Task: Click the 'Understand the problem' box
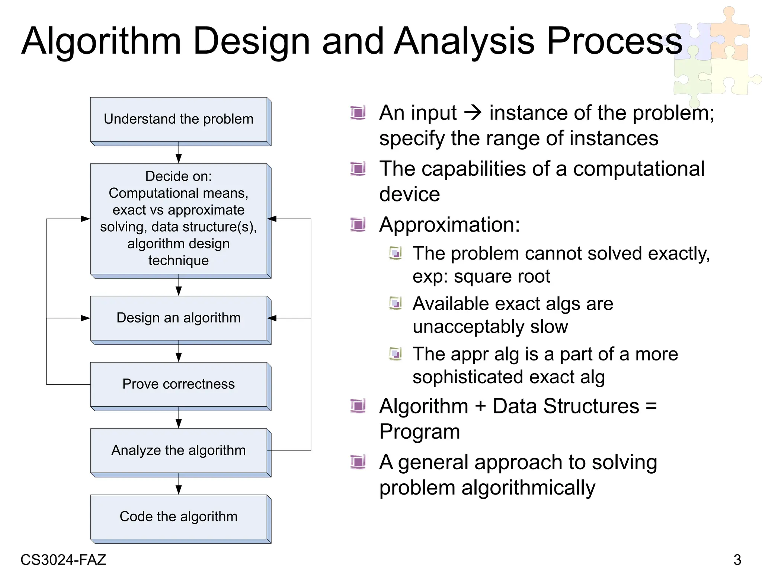[179, 120]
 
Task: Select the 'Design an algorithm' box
[179, 318]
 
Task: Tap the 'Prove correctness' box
[179, 384]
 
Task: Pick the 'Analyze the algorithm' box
[179, 451]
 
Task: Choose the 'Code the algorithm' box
[179, 517]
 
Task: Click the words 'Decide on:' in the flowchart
[179, 176]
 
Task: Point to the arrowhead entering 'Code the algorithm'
[179, 490]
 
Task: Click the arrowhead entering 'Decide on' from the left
[86, 219]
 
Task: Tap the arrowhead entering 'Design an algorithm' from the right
[272, 318]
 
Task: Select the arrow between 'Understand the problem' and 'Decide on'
[179, 153]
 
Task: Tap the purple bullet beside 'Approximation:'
[358, 225]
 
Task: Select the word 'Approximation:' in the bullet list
[449, 225]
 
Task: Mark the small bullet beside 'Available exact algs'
[395, 303]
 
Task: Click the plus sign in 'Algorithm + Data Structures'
[480, 406]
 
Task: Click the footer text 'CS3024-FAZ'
[63, 560]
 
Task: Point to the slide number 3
[737, 560]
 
